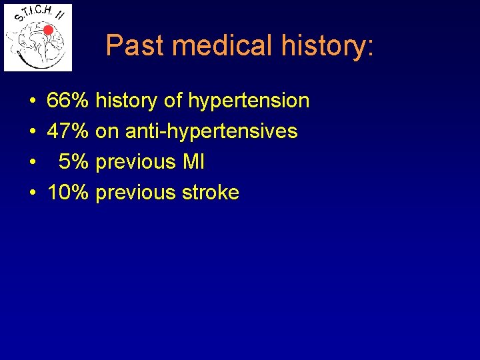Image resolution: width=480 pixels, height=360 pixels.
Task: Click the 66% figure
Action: point(68,101)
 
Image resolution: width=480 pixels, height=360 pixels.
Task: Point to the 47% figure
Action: point(68,131)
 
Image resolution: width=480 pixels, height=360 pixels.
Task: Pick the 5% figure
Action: point(73,162)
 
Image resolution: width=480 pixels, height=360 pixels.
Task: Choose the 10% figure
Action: point(68,193)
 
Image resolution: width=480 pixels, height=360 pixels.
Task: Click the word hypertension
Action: point(249,101)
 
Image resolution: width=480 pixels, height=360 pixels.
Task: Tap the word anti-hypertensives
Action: point(211,132)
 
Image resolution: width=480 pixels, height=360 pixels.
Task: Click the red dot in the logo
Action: point(47,30)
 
